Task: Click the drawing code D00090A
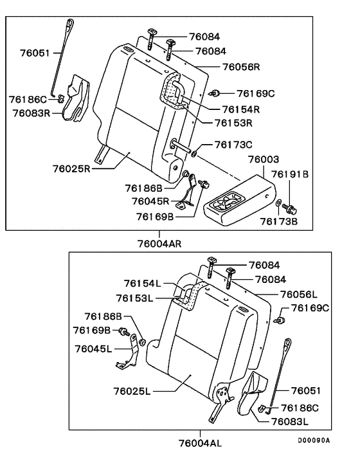pyautogui.click(x=313, y=440)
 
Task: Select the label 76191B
pyautogui.click(x=290, y=174)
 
